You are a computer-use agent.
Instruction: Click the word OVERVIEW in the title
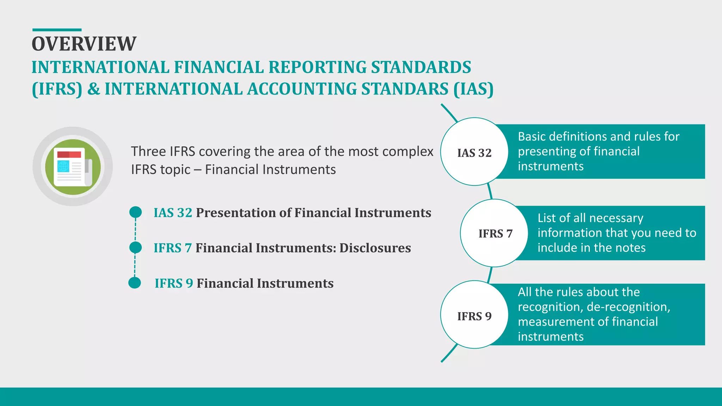coord(84,44)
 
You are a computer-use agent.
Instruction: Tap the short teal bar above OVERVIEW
coord(57,30)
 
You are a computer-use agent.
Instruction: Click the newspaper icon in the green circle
coord(73,167)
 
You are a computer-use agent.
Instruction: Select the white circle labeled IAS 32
coord(474,152)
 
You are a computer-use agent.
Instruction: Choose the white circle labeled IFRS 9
coord(474,315)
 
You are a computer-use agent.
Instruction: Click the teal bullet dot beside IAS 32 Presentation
coord(135,212)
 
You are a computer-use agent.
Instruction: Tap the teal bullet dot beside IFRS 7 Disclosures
coord(135,247)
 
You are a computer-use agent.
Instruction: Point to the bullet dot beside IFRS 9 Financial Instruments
coord(135,283)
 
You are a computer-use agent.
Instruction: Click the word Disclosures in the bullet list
coord(375,248)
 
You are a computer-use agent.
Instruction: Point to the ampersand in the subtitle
coord(93,89)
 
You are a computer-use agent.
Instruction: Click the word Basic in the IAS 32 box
coord(532,136)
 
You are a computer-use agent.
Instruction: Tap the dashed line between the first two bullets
coord(135,230)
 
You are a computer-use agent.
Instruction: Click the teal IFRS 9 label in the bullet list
coord(174,283)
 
